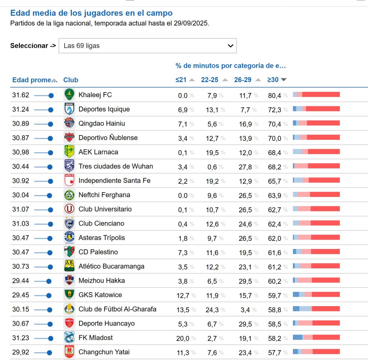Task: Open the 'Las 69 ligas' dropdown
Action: point(147,46)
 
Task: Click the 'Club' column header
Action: point(70,80)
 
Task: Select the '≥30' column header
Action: point(273,80)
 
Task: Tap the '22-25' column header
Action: point(210,80)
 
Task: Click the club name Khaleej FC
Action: point(95,95)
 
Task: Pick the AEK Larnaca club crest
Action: point(69,152)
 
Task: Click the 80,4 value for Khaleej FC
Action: point(275,95)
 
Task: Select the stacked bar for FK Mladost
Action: point(316,337)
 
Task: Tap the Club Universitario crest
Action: point(69,209)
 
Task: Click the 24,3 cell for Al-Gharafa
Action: point(212,309)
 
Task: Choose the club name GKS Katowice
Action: point(100,295)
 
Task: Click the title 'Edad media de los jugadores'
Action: point(91,13)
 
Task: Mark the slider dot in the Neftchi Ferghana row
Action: point(49,195)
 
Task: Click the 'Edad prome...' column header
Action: point(32,80)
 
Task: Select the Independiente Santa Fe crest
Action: point(69,181)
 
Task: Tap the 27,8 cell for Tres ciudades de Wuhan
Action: point(245,167)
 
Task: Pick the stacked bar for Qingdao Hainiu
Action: point(316,123)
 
